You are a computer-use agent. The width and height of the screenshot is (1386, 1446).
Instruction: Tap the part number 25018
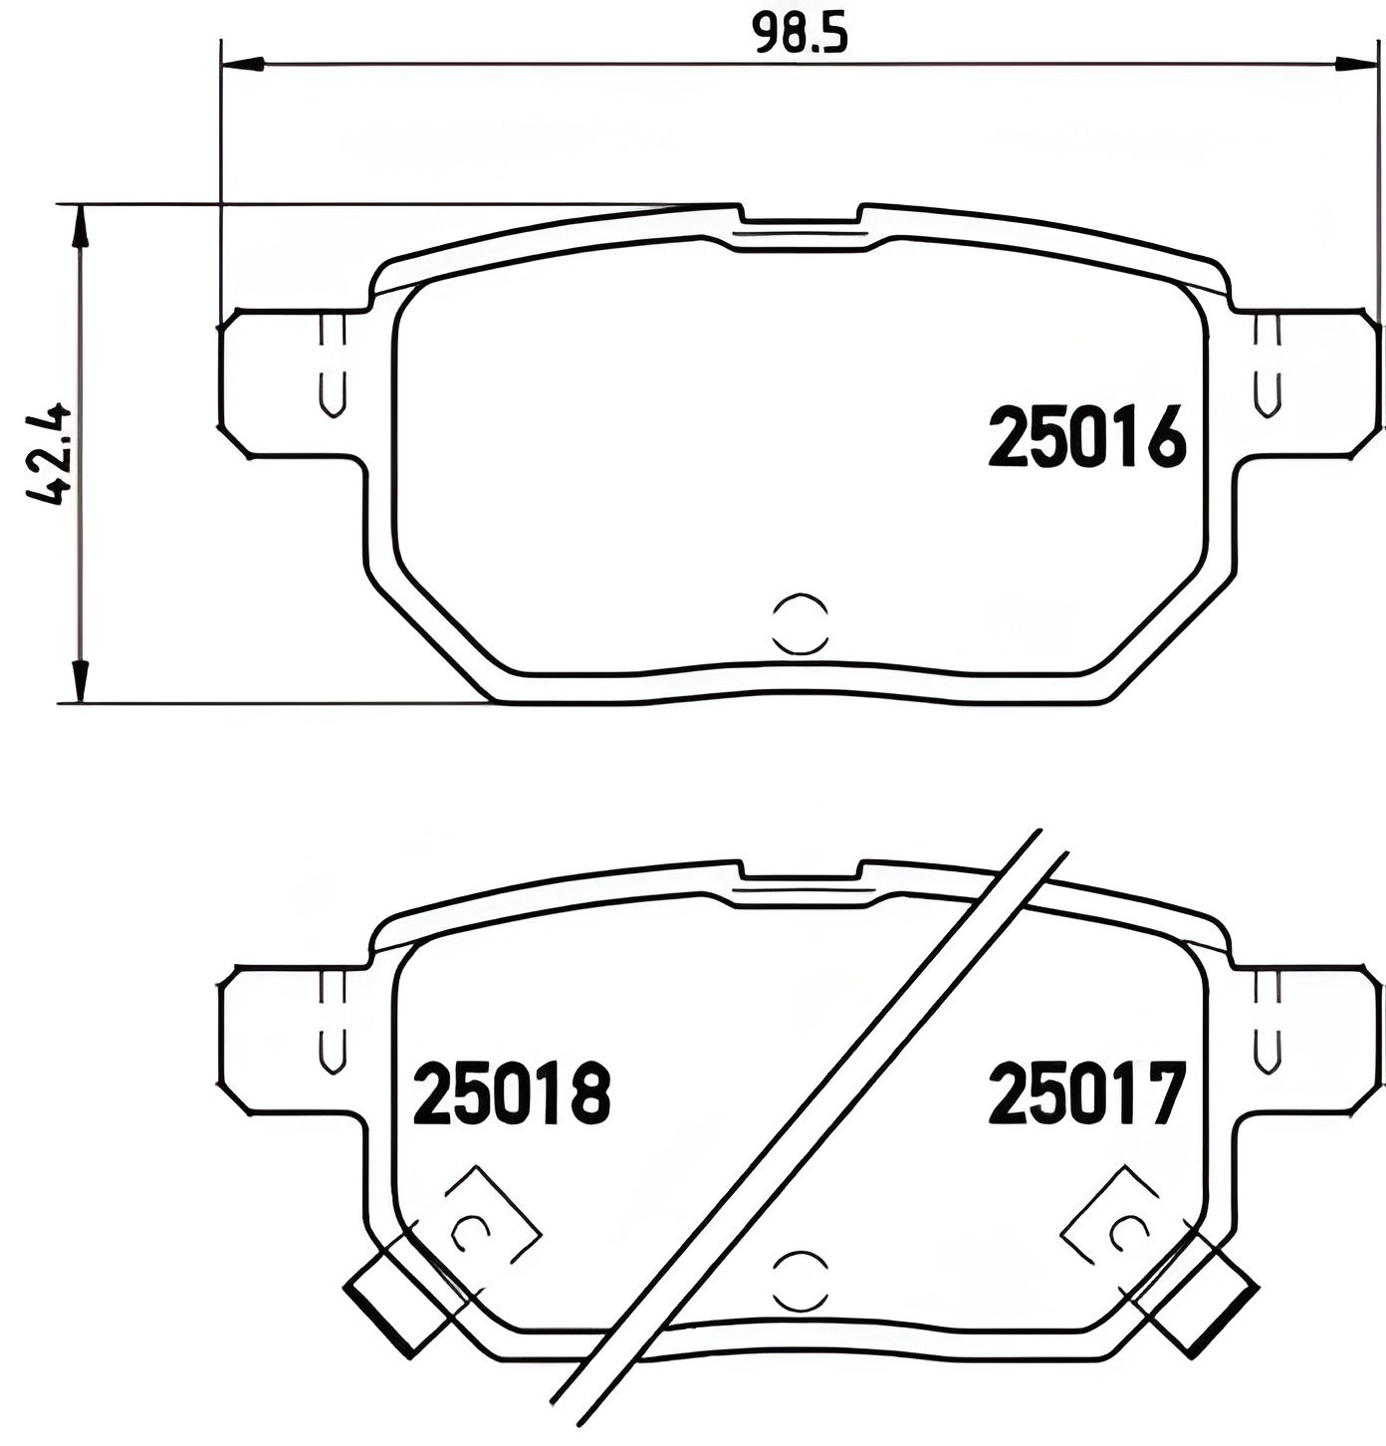[x=511, y=1092]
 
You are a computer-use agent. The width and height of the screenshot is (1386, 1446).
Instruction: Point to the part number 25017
[x=1087, y=1092]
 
